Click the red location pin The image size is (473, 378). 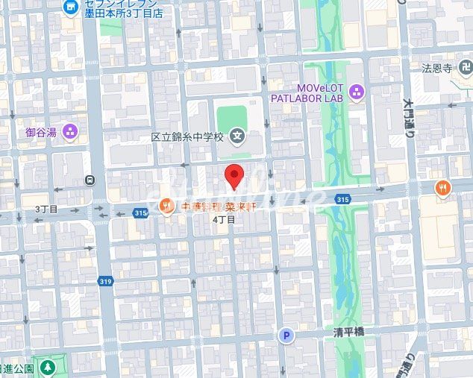234,177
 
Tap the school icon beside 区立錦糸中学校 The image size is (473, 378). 237,136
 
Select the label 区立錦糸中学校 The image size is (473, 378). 187,137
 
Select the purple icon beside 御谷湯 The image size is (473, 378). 71,133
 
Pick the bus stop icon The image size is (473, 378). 90,180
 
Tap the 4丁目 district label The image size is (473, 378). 224,220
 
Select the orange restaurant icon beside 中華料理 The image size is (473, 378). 166,207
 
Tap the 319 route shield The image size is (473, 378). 104,281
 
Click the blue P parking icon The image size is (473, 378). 286,336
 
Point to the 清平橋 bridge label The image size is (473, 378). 348,333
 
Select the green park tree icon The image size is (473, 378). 48,368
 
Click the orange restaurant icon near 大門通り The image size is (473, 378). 444,188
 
